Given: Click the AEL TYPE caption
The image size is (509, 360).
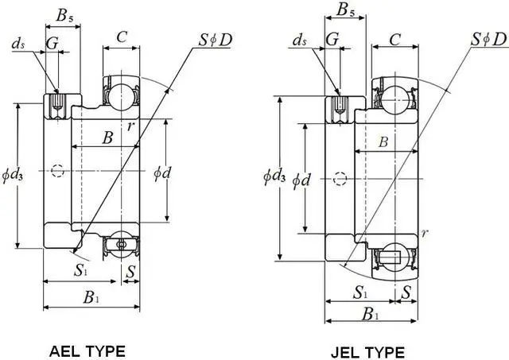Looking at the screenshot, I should (87, 350).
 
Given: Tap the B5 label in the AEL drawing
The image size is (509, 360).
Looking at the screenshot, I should (67, 14).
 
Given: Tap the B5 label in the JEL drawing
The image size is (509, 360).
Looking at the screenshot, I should (346, 10).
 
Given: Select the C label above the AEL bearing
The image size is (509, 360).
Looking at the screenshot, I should (122, 36).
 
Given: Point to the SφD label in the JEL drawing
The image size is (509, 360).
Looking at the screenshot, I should (486, 37).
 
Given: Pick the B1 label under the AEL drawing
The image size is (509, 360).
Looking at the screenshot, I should (91, 299).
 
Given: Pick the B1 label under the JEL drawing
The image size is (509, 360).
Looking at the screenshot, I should (370, 314).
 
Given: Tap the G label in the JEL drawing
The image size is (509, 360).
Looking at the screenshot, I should (333, 39).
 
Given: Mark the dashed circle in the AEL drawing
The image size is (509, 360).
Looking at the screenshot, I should (56, 170).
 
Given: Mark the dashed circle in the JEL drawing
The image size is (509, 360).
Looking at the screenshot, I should (340, 179).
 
